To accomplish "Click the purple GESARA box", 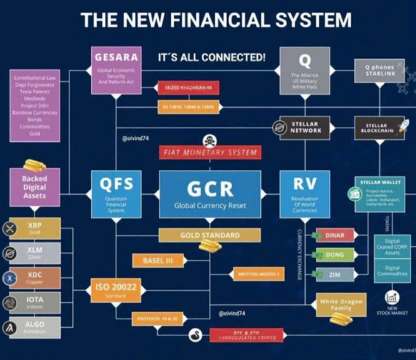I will click(x=116, y=70).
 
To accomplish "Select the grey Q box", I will click(x=305, y=70).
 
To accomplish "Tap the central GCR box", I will click(x=210, y=194).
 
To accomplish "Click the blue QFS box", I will click(x=116, y=194).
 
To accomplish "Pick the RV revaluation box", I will click(x=305, y=194).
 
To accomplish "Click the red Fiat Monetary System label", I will click(x=210, y=152).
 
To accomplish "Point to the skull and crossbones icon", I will click(x=210, y=140).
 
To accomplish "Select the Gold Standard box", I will click(x=210, y=235).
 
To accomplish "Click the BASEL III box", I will click(x=158, y=261).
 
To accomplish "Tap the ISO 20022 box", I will click(x=116, y=290).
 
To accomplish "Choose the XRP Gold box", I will click(x=35, y=228).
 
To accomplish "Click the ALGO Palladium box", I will click(x=35, y=327).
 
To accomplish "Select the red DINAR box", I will click(x=335, y=235).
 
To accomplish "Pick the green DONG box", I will click(x=335, y=255).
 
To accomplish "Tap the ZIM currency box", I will click(x=335, y=275).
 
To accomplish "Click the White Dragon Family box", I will click(x=341, y=305).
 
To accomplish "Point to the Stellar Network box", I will click(x=305, y=127).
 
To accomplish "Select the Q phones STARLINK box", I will click(x=379, y=70).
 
